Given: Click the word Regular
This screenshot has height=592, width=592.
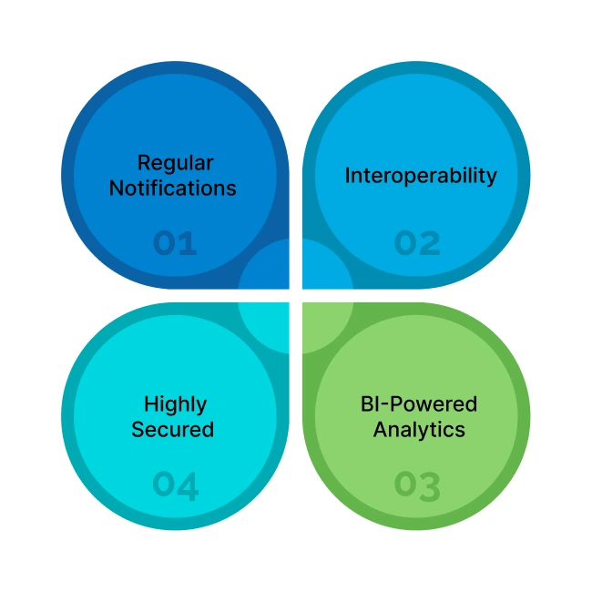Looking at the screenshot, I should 175,164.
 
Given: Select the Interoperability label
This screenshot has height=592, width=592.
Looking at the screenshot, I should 421,175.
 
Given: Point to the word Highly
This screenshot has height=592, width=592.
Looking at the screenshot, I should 175,403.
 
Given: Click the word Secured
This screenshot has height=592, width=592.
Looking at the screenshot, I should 173,429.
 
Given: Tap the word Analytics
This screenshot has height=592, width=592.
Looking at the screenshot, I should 419,429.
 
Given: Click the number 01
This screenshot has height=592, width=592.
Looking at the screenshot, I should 175,243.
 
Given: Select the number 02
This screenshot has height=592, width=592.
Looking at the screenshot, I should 417,243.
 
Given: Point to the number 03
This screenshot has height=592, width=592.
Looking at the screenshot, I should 417,485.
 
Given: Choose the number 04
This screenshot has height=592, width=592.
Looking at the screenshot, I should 175,485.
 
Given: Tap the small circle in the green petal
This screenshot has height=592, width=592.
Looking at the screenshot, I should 326,326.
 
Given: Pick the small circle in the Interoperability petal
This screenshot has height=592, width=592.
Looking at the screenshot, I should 326,266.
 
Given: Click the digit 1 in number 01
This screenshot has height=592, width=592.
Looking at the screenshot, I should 189,243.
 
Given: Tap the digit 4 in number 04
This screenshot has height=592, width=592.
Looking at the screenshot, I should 188,485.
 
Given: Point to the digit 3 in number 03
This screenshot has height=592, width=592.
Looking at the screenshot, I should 430,485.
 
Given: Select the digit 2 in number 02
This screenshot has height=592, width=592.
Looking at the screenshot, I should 430,243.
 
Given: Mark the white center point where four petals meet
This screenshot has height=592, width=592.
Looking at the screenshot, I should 295,296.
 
